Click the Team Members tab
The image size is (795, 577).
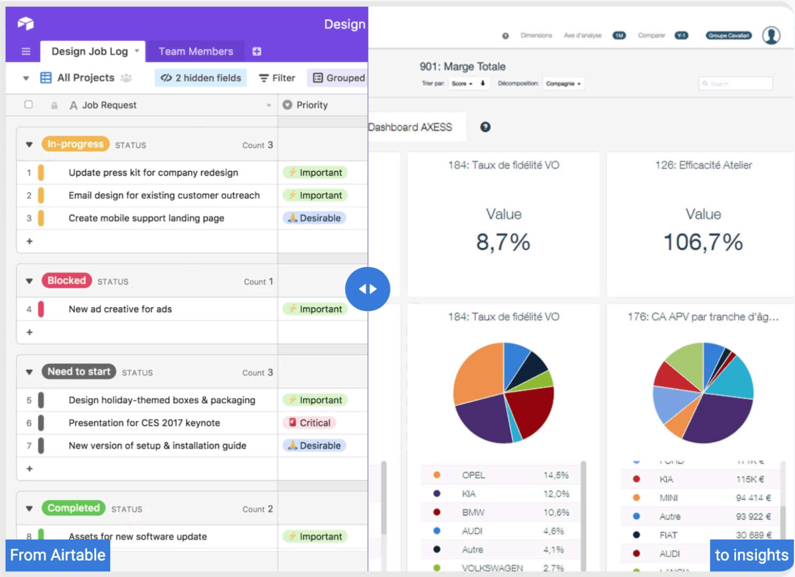pos(195,52)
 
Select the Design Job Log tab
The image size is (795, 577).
pos(90,52)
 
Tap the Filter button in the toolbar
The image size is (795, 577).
pos(277,78)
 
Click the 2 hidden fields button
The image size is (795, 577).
pos(200,78)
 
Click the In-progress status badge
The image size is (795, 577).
pos(75,144)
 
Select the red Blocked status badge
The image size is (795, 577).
pos(66,281)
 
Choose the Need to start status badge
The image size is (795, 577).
pos(78,371)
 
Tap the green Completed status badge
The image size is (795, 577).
pos(73,508)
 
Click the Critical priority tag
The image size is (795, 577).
pos(309,423)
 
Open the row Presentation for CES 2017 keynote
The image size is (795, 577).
pos(144,423)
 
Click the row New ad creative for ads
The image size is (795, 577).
pos(120,310)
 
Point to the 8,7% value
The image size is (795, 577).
pos(503,242)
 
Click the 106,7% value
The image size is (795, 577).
pos(703,242)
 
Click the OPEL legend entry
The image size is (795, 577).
pos(473,475)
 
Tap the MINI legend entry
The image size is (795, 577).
pos(668,498)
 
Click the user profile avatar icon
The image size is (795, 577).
pos(771,35)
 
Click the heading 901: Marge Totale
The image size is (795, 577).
pos(462,66)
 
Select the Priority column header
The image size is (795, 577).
pos(312,105)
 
